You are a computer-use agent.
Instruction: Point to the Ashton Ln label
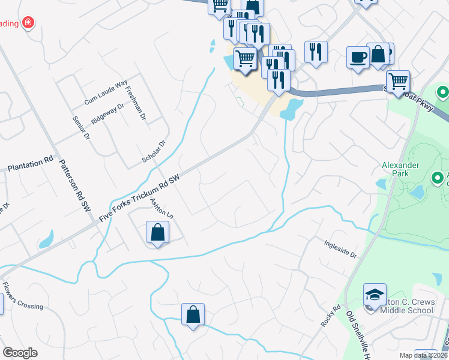coord(161,209)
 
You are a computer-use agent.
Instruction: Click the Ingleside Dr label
coord(340,250)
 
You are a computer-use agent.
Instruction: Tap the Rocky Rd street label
coord(330,316)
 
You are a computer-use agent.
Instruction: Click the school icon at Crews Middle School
coord(375,294)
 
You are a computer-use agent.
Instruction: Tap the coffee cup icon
coord(358,57)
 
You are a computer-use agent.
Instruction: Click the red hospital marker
coord(28,23)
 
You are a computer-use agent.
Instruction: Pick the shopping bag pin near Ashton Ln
coord(157,232)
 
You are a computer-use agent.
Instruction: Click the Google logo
coord(20,353)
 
